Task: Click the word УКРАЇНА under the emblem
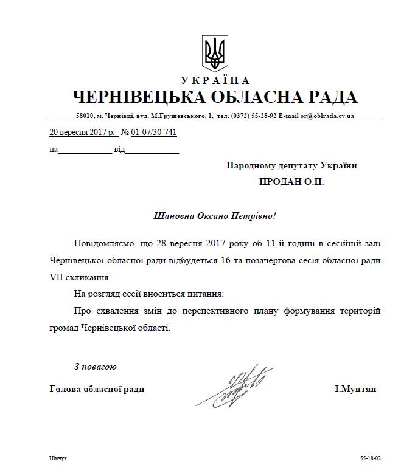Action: click(x=214, y=81)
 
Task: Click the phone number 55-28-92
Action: click(x=263, y=116)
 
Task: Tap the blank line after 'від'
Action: click(x=152, y=150)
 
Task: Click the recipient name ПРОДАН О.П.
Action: click(x=291, y=182)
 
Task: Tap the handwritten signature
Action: click(x=234, y=386)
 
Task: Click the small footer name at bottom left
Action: click(x=59, y=458)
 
